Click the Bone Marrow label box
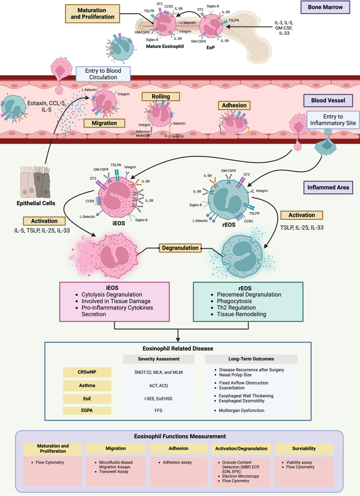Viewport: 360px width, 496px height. tap(325, 7)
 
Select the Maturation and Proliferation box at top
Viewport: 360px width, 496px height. tap(92, 14)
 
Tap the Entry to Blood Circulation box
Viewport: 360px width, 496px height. tap(103, 74)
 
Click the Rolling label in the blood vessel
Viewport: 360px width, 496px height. tap(161, 96)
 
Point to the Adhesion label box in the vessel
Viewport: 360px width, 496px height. tap(234, 105)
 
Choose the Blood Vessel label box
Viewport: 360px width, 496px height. tap(328, 101)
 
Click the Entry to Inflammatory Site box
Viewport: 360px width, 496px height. tap(333, 120)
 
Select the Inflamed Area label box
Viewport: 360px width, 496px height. tap(328, 187)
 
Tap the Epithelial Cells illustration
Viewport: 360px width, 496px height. tap(35, 182)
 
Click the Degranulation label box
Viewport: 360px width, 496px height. tap(180, 248)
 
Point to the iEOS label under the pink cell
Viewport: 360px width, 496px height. tap(119, 224)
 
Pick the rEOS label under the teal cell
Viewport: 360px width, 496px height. tap(229, 224)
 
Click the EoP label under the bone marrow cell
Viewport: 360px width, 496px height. tap(211, 48)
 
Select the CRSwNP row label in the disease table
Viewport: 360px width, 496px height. tap(87, 372)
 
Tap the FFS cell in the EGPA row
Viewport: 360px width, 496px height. tap(159, 410)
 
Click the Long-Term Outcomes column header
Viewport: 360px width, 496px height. tap(251, 359)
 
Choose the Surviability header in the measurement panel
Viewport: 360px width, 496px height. tap(304, 448)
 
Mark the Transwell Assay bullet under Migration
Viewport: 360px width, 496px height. tap(114, 471)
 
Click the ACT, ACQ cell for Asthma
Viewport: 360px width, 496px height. tap(159, 386)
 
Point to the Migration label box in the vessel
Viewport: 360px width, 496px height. tap(104, 123)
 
